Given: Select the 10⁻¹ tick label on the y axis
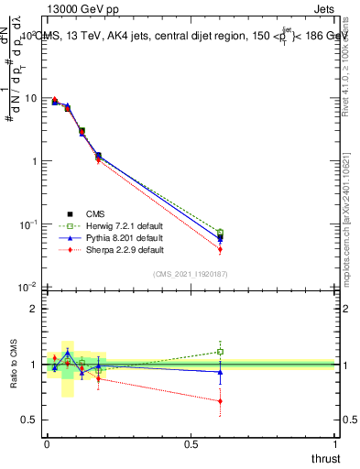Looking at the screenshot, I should pos(28,224).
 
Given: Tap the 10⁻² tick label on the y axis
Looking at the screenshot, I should pos(28,288).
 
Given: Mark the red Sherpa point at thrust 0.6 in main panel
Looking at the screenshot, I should pos(220,249).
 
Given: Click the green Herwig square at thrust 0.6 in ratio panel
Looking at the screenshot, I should pos(220,352).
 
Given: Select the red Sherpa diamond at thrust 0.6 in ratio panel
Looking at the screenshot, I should pos(220,401).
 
